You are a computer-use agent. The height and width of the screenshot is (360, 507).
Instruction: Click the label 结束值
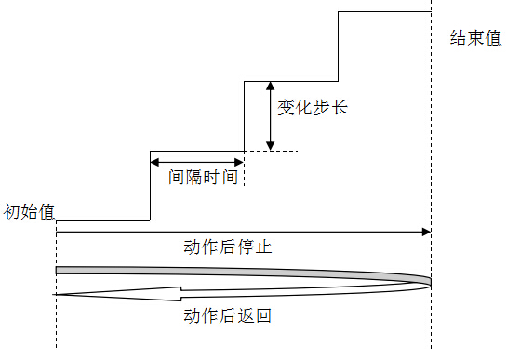(x=474, y=39)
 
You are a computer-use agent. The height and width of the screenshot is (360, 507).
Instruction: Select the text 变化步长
(x=313, y=108)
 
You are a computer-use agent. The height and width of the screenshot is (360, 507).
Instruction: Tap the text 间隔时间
(x=205, y=176)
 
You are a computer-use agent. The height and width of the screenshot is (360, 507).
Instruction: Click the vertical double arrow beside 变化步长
(x=270, y=115)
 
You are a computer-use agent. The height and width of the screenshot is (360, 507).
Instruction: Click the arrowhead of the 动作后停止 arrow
(x=426, y=231)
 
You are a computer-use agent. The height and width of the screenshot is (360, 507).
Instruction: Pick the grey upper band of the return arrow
(x=233, y=271)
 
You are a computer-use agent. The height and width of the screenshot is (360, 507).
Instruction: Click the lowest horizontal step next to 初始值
(x=102, y=221)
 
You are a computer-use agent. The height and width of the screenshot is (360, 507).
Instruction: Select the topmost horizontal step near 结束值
(x=383, y=11)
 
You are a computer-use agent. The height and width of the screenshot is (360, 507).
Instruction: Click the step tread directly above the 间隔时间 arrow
(x=196, y=151)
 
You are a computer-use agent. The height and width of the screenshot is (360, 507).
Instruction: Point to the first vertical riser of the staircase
(x=150, y=186)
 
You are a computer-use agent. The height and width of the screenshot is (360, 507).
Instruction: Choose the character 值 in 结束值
(x=493, y=39)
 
